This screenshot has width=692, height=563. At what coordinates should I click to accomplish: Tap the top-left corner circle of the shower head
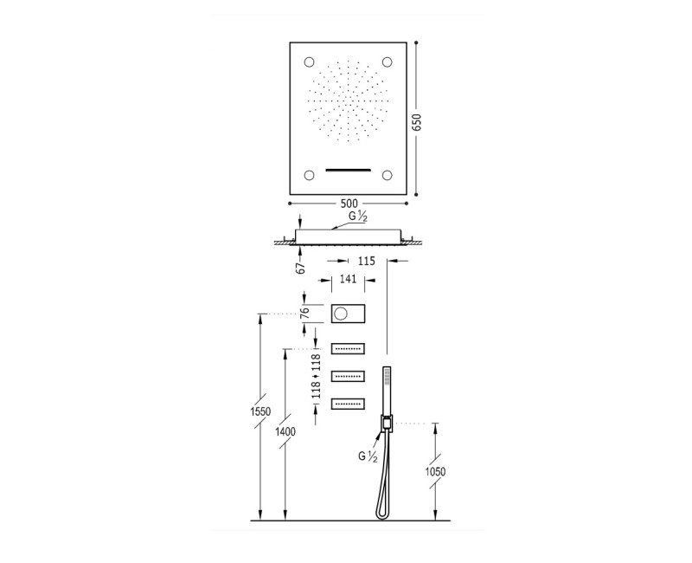(x=309, y=61)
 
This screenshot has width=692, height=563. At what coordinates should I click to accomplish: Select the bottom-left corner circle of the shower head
(x=309, y=175)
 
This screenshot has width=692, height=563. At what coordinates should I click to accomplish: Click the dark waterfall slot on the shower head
(x=348, y=169)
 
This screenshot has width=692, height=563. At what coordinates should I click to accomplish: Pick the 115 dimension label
(x=366, y=260)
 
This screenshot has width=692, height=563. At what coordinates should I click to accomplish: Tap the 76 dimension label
(x=304, y=313)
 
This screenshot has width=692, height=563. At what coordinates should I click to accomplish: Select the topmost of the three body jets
(x=347, y=349)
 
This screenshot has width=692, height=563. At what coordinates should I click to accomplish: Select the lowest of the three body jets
(x=347, y=402)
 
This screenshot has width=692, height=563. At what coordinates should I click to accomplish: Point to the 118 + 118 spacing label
(x=304, y=376)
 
